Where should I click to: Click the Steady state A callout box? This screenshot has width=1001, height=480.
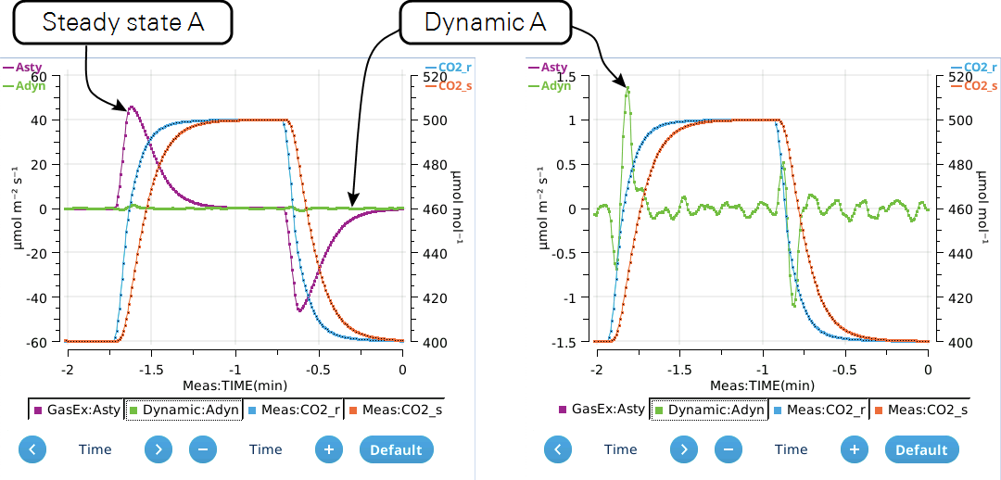[x=123, y=22]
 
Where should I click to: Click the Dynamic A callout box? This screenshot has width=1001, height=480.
[x=485, y=22]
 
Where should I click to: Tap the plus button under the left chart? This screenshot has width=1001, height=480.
[x=328, y=449]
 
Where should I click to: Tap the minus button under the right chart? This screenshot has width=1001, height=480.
[x=729, y=449]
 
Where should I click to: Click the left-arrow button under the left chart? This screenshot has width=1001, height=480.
[x=32, y=449]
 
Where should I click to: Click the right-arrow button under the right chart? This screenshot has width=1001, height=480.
[x=684, y=449]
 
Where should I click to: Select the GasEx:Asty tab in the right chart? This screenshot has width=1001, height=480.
[x=602, y=410]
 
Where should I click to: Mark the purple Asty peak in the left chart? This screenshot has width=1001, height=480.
[x=132, y=107]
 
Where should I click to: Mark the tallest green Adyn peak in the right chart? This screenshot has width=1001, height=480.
[x=628, y=87]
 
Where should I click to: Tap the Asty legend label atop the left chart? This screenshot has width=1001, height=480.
[x=28, y=67]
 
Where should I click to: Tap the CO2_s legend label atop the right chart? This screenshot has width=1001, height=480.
[x=981, y=85]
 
